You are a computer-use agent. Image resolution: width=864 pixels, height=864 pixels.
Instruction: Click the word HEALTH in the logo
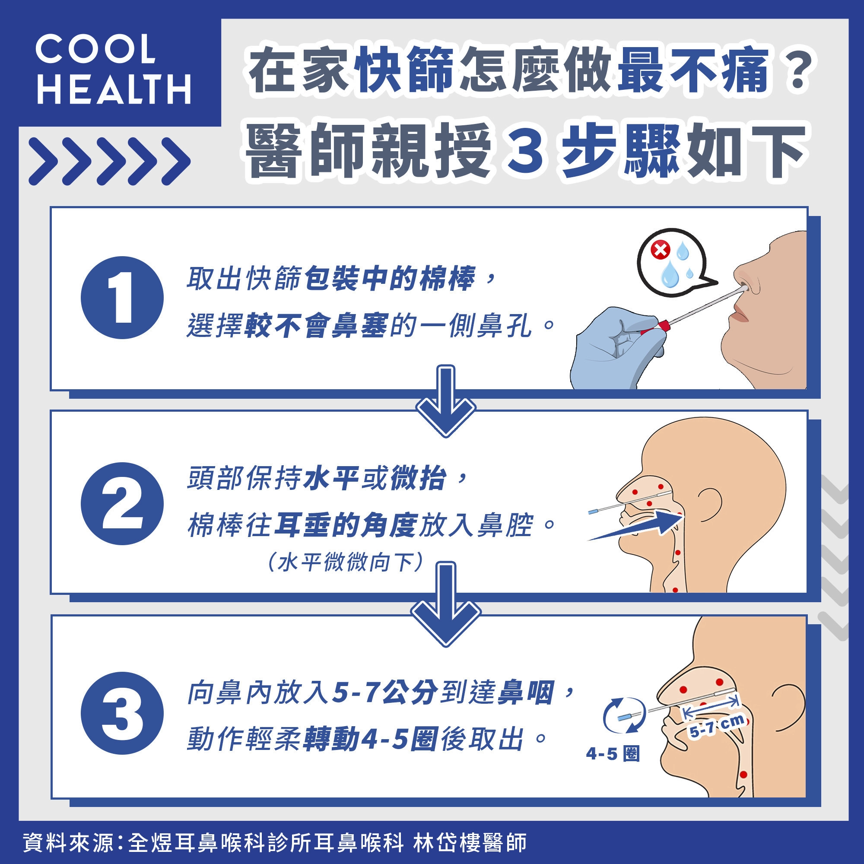tap(114, 89)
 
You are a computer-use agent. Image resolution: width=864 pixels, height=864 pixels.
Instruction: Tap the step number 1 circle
tap(122, 297)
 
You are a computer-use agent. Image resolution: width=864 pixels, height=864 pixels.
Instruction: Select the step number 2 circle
tap(122, 503)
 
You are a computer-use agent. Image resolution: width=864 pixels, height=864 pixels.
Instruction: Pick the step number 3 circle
tap(122, 713)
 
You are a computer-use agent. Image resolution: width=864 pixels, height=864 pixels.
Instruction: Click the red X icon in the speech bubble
tap(660, 249)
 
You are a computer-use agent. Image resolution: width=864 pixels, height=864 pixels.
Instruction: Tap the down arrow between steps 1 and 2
tap(445, 400)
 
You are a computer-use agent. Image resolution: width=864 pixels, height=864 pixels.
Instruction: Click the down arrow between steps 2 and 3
tap(445, 604)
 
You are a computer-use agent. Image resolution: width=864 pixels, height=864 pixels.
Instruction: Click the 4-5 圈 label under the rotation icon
tap(613, 754)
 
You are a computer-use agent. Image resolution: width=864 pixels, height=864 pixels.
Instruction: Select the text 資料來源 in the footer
tap(67, 842)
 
